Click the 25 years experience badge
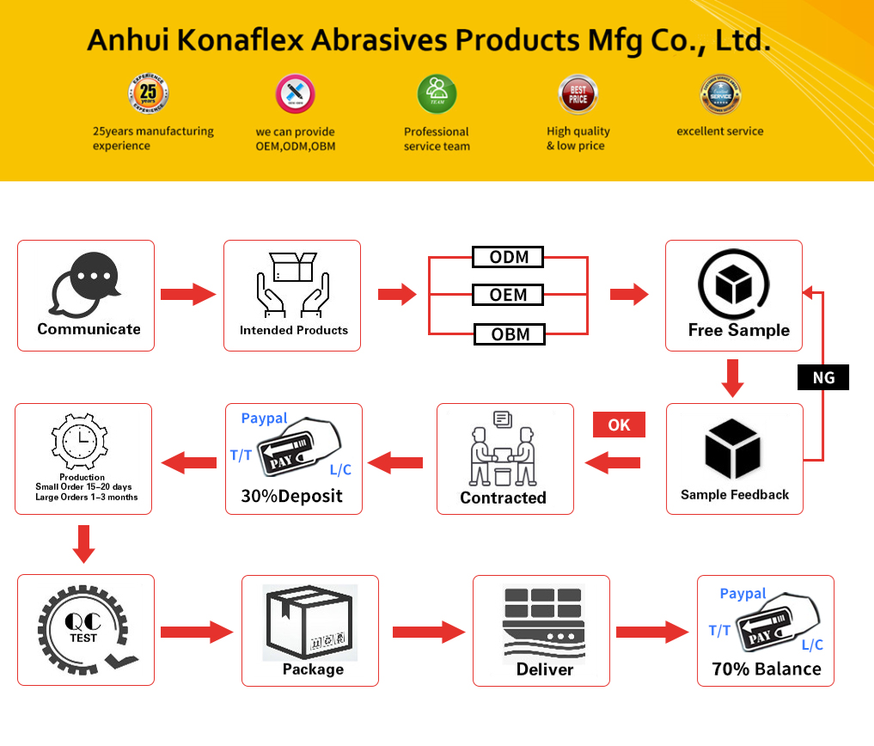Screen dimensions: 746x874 (148, 94)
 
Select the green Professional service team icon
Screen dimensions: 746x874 (437, 94)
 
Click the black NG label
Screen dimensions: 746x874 (823, 377)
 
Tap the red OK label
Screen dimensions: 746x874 (619, 425)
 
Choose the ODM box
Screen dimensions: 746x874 (509, 257)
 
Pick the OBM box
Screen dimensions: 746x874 (510, 334)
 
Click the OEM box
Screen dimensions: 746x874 (509, 295)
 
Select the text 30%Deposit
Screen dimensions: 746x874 (292, 496)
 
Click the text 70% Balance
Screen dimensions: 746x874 (767, 669)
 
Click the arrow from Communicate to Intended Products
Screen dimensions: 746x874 (188, 294)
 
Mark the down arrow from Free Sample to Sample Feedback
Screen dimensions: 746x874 (733, 378)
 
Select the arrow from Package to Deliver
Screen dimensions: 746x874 (428, 633)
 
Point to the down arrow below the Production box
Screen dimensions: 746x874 (83, 543)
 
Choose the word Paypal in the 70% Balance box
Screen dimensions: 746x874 (743, 594)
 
